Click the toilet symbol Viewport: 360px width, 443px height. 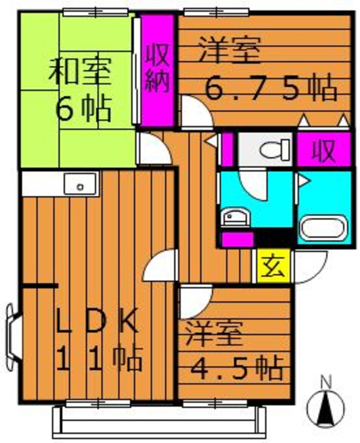point(274,150)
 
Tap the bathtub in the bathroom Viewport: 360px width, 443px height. point(322,229)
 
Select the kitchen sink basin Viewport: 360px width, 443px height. point(80,184)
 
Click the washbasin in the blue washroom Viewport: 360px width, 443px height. point(234,218)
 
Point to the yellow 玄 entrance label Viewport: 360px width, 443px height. point(273,266)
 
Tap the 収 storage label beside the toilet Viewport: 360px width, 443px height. point(324,151)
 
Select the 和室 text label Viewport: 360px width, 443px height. point(80,72)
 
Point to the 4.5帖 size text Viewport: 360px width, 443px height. point(237,369)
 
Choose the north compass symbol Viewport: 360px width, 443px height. point(326,408)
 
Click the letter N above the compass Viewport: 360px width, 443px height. point(326,382)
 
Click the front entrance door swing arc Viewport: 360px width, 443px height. point(309,266)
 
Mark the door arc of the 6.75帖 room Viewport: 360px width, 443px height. point(196,111)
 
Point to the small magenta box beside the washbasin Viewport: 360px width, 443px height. point(237,240)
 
